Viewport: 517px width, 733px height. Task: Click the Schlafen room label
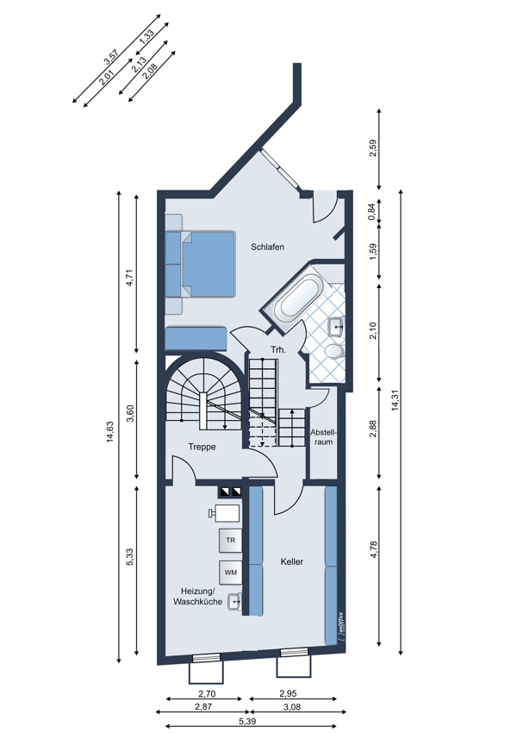267,247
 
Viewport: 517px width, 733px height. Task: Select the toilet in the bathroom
334,351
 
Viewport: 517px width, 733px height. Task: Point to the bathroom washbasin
336,326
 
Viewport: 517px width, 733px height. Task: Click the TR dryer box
231,541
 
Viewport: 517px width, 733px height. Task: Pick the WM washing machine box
231,573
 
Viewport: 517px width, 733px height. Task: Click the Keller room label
292,561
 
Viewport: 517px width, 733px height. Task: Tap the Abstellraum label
322,437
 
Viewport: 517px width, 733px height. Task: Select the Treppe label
202,447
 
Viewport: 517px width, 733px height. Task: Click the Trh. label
278,349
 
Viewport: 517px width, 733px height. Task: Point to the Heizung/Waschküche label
198,597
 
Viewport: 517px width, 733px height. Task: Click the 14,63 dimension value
109,431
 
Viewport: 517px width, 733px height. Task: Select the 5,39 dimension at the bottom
247,721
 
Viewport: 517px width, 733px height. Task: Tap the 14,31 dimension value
396,400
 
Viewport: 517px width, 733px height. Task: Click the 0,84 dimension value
371,212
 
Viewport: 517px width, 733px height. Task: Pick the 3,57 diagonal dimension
113,56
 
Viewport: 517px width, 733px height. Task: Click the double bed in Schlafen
200,264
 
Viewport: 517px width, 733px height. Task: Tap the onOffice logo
340,625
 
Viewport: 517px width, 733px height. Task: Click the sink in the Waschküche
234,602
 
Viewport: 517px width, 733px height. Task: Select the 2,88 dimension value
373,429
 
